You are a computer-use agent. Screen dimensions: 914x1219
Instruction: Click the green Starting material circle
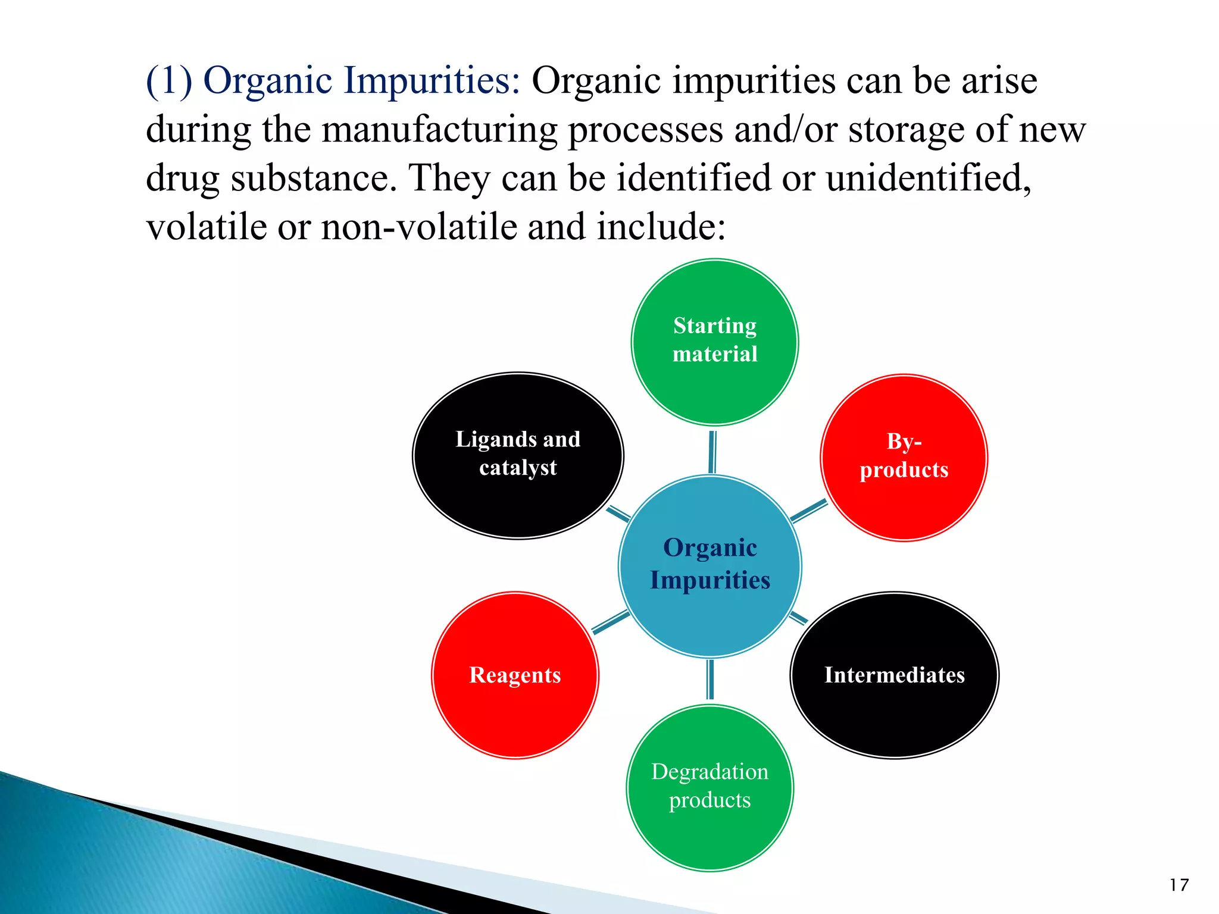(714, 342)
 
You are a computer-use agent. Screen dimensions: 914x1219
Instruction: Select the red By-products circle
(904, 457)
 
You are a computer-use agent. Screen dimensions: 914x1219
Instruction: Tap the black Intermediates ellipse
(894, 675)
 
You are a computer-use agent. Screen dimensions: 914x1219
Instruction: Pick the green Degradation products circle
(709, 787)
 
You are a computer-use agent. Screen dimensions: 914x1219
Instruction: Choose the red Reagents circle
(515, 675)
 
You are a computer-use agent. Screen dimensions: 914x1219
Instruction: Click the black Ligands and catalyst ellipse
(518, 455)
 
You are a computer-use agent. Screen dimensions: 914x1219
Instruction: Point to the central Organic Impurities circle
(709, 565)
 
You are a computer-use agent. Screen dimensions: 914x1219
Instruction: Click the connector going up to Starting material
(712, 452)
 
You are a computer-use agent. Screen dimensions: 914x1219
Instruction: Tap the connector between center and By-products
(808, 511)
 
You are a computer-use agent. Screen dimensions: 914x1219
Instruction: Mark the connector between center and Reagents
(611, 622)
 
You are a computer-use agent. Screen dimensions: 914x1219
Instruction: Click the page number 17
(1179, 885)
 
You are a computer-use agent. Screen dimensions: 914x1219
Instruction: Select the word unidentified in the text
(929, 178)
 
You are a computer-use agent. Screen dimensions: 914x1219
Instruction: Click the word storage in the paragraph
(907, 130)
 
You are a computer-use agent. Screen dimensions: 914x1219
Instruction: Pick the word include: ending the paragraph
(661, 227)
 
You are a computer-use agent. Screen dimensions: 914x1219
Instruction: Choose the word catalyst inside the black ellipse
(518, 468)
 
